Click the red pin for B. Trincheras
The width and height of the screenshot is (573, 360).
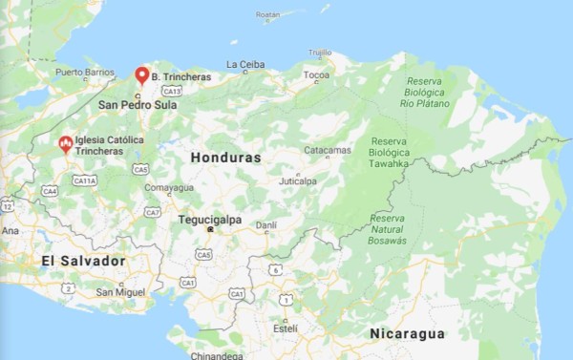[142, 74]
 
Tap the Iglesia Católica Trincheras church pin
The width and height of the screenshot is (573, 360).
[65, 144]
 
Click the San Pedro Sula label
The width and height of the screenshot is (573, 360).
[138, 105]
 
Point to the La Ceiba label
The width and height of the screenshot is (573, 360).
[245, 65]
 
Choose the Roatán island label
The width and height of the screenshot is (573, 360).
[268, 15]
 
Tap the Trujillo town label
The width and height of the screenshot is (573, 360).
[320, 53]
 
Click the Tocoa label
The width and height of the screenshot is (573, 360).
[316, 74]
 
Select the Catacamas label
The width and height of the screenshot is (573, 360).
[328, 150]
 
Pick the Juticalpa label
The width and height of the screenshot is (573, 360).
[297, 180]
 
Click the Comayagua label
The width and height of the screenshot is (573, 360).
[168, 187]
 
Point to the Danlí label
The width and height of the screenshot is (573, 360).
[266, 225]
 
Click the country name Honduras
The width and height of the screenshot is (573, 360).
[225, 157]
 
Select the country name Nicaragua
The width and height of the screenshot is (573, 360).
[408, 333]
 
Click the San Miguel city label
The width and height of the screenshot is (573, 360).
[120, 291]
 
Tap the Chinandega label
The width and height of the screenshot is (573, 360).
[218, 355]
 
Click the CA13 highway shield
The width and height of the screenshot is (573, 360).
[173, 90]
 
